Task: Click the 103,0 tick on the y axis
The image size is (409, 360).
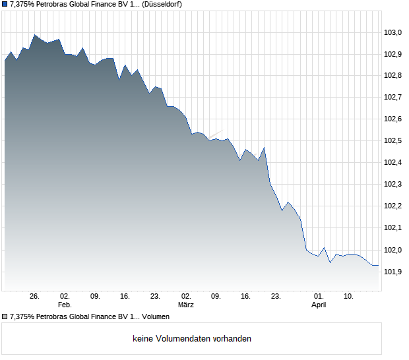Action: coord(394,32)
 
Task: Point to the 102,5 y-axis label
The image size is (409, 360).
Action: coord(394,141)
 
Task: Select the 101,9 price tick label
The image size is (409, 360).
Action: coord(394,272)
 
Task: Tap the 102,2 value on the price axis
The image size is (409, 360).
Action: coord(394,206)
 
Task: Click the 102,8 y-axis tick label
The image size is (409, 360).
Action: coord(394,76)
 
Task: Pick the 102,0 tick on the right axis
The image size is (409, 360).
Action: coord(394,250)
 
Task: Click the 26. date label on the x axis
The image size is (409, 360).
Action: coord(35,296)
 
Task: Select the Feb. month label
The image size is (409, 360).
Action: coord(65,305)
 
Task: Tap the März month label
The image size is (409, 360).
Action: coord(186,305)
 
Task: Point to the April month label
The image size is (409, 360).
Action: coord(319,305)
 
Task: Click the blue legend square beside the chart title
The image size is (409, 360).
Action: coord(5,4)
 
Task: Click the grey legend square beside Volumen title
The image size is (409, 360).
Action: coord(5,317)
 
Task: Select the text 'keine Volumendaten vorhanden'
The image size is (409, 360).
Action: coord(192,339)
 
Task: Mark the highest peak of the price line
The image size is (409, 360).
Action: coord(35,35)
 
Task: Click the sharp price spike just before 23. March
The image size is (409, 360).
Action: coord(265,148)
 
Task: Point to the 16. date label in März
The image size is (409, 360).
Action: coord(245,296)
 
